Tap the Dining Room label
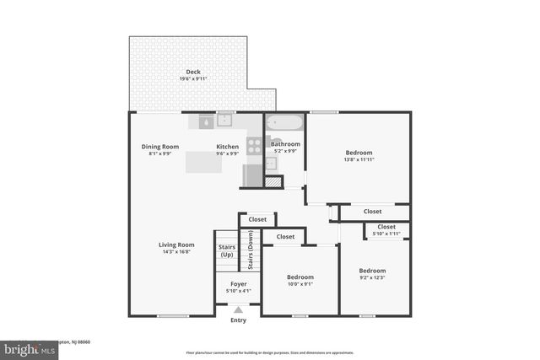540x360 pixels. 159,147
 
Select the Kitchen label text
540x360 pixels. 227,147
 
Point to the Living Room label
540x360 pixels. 176,244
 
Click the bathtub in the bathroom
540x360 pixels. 284,123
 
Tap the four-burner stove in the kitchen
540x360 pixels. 254,145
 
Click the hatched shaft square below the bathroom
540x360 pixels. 272,181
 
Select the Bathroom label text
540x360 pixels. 285,144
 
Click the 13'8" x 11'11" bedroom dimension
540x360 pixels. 358,159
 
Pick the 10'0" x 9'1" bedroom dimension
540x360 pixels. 300,284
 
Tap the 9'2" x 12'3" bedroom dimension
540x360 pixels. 375,278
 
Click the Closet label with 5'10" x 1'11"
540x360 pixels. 386,230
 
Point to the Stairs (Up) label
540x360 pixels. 227,250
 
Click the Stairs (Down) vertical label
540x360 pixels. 250,250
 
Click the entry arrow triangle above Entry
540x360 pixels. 239,310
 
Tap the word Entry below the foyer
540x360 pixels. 239,320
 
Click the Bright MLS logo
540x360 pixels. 25,347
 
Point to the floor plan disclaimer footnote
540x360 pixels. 270,352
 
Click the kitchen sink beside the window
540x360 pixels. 225,121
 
